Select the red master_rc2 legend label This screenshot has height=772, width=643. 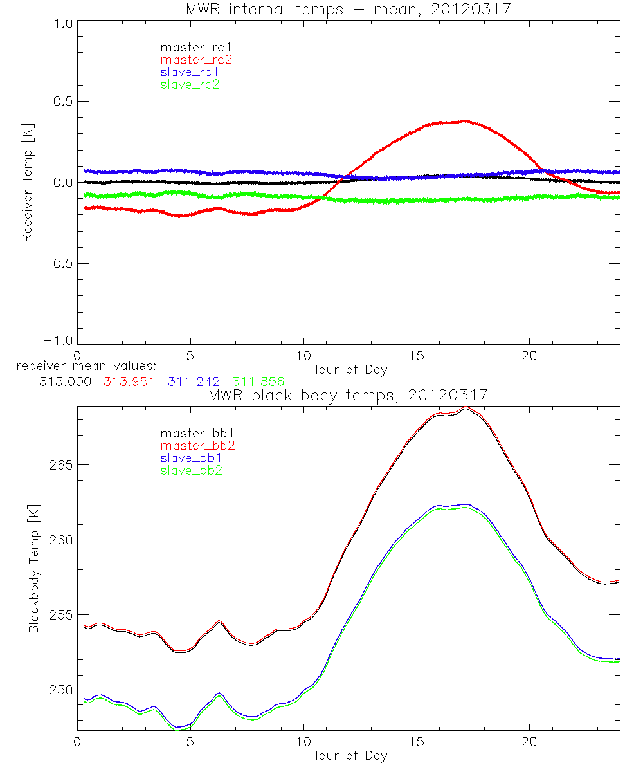pos(196,59)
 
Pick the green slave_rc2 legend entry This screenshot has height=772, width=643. pos(190,84)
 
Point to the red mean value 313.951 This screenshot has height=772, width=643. pos(129,381)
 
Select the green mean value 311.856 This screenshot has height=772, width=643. pos(258,381)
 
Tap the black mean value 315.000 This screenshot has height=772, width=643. pos(64,381)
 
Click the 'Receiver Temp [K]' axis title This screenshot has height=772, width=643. pos(27,182)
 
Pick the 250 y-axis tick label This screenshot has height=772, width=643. pos(60,690)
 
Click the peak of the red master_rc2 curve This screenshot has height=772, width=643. pos(462,121)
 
